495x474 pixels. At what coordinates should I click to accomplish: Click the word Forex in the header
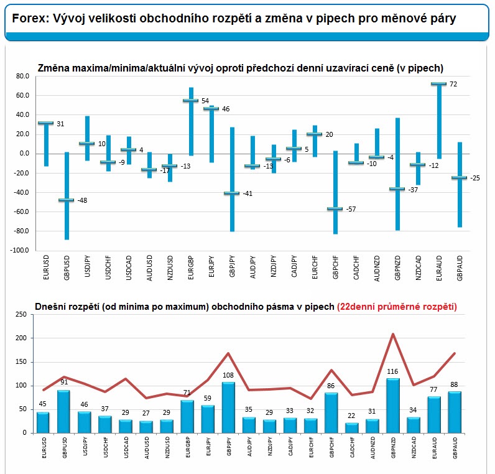coord(28,19)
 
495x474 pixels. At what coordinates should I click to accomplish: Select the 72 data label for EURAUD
coord(453,84)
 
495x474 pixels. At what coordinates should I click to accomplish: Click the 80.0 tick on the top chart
coord(22,76)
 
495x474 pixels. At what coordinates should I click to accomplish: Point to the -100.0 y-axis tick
coord(20,251)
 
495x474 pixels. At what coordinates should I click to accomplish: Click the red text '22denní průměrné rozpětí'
coord(397,307)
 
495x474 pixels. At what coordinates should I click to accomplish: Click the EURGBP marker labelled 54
coord(190,101)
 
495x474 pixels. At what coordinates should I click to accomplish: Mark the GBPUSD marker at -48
coord(66,200)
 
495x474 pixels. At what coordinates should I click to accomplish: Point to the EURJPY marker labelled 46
coord(211,109)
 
